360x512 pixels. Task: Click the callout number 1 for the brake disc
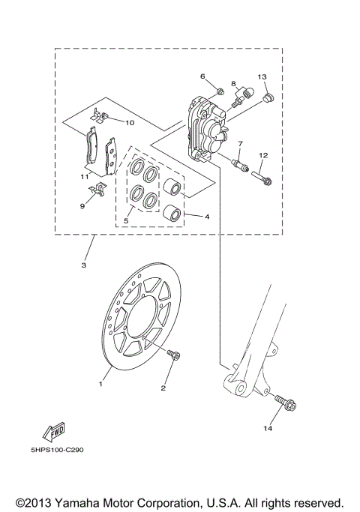99,383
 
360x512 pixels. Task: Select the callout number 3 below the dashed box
83,265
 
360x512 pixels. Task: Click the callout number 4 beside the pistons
206,217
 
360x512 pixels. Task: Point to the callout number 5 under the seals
126,220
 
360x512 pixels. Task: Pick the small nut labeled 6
219,91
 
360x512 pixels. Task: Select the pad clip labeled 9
94,190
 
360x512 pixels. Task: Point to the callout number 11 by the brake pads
85,176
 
